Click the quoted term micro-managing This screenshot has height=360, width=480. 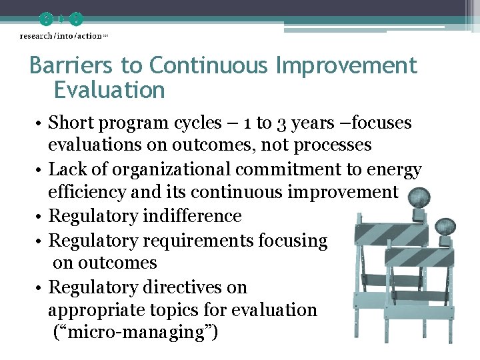point(135,332)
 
